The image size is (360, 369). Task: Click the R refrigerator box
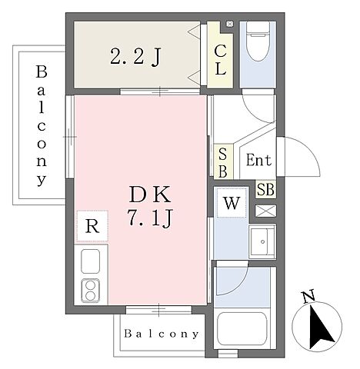pyautogui.click(x=92, y=227)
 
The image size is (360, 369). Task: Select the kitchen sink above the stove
pyautogui.click(x=88, y=263)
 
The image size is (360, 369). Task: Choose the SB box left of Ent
pyautogui.click(x=222, y=162)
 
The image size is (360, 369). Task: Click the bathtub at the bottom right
pyautogui.click(x=242, y=327)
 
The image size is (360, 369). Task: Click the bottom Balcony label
pyautogui.click(x=162, y=334)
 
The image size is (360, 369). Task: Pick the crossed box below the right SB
pyautogui.click(x=265, y=209)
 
